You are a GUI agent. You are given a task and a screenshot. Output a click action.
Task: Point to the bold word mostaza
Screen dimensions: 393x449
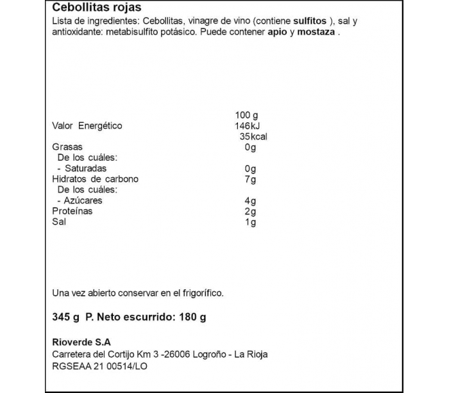(x=315, y=33)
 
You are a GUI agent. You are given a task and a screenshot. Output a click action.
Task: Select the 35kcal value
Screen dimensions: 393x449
(x=252, y=136)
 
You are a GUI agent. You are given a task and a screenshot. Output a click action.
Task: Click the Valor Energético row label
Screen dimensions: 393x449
(x=87, y=125)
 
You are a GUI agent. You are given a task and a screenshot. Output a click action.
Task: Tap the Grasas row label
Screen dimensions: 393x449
(x=67, y=147)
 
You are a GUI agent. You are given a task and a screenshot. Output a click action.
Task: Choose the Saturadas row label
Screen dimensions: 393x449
(x=81, y=169)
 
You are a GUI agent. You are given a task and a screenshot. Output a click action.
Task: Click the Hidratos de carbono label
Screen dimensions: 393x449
(x=95, y=179)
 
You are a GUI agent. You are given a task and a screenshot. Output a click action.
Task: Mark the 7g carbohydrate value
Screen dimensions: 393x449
(x=251, y=179)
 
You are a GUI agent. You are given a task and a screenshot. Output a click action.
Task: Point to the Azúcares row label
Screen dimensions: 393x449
(x=80, y=201)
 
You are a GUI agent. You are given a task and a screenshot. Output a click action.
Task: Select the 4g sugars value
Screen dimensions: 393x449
(x=251, y=201)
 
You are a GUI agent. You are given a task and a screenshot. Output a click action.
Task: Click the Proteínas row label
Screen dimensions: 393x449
(x=72, y=211)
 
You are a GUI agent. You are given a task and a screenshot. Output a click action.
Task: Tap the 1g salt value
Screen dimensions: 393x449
(x=251, y=222)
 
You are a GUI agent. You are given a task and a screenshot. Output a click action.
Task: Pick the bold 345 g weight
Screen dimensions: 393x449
(x=65, y=317)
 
